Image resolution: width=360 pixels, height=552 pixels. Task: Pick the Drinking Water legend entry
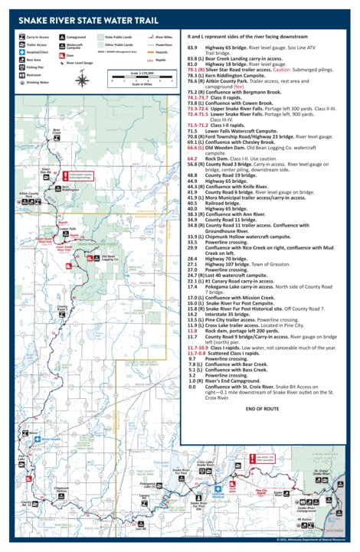coord(34,81)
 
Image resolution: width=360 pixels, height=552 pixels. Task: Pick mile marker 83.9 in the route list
coord(193,47)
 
